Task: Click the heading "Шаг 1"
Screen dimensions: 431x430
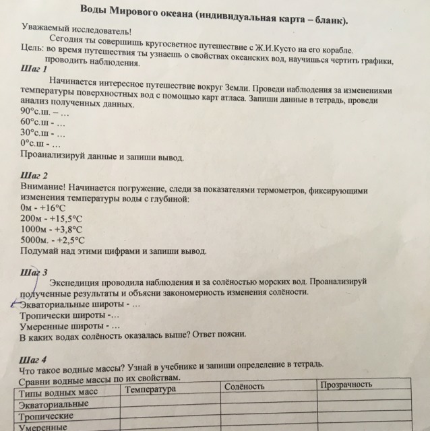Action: pyautogui.click(x=34, y=69)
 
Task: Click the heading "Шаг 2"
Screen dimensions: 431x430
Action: pyautogui.click(x=34, y=177)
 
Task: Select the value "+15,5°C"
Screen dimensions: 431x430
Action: pyautogui.click(x=67, y=219)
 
